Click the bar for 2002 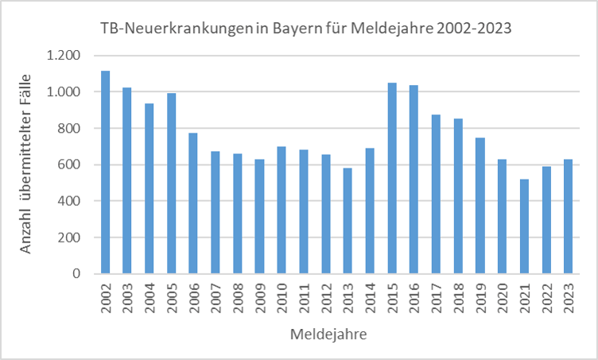click(x=105, y=172)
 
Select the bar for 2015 click(x=392, y=178)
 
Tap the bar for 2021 click(x=524, y=226)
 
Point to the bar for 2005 click(x=171, y=184)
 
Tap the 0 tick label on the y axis click(x=76, y=273)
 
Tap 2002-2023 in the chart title click(x=468, y=27)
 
